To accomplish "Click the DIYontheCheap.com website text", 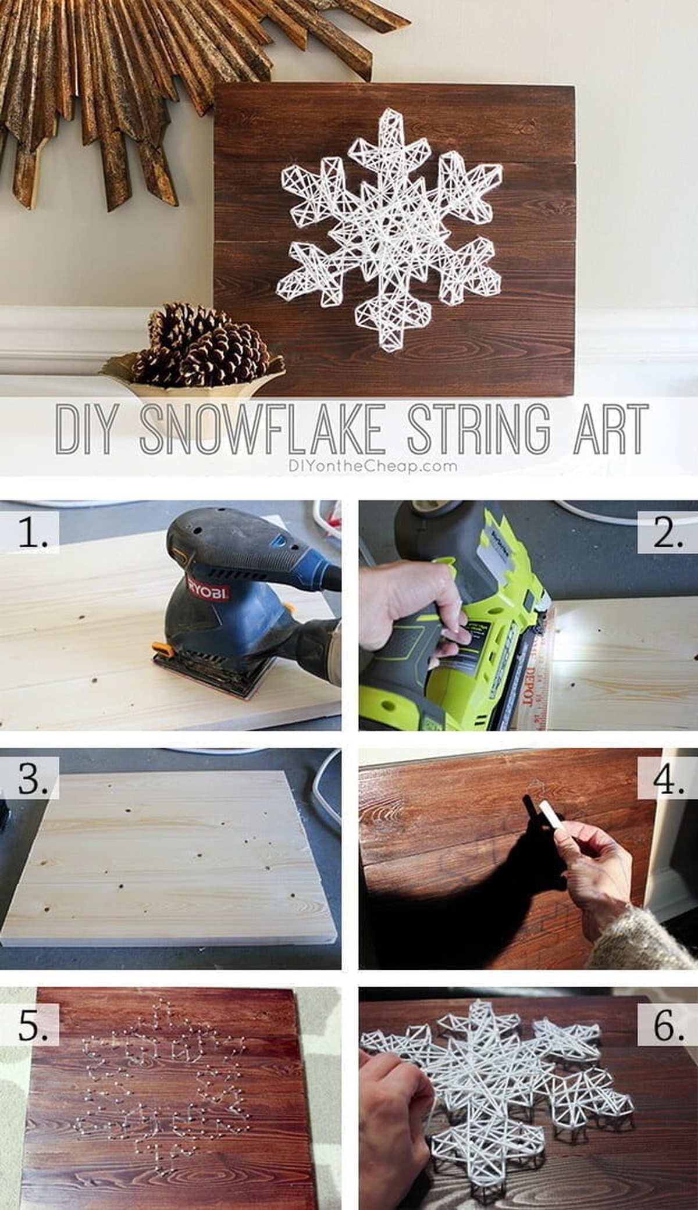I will (x=372, y=466).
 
